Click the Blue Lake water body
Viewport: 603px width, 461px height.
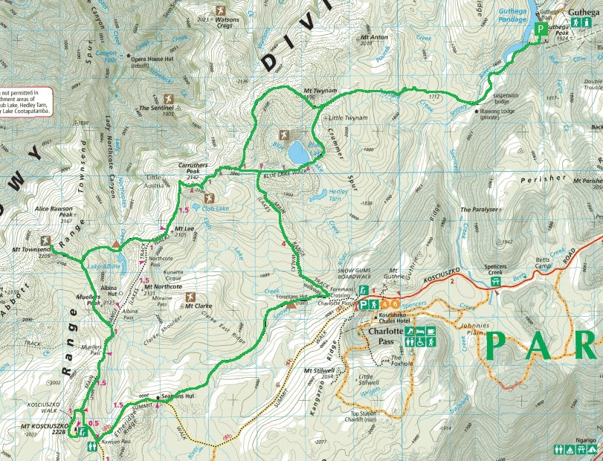point(299,152)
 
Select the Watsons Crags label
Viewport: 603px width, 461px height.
point(220,25)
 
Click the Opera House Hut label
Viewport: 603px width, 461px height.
point(157,57)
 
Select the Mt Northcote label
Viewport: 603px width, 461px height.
point(163,287)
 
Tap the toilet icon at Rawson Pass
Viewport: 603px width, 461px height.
point(90,447)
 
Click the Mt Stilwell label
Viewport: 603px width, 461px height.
point(320,371)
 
